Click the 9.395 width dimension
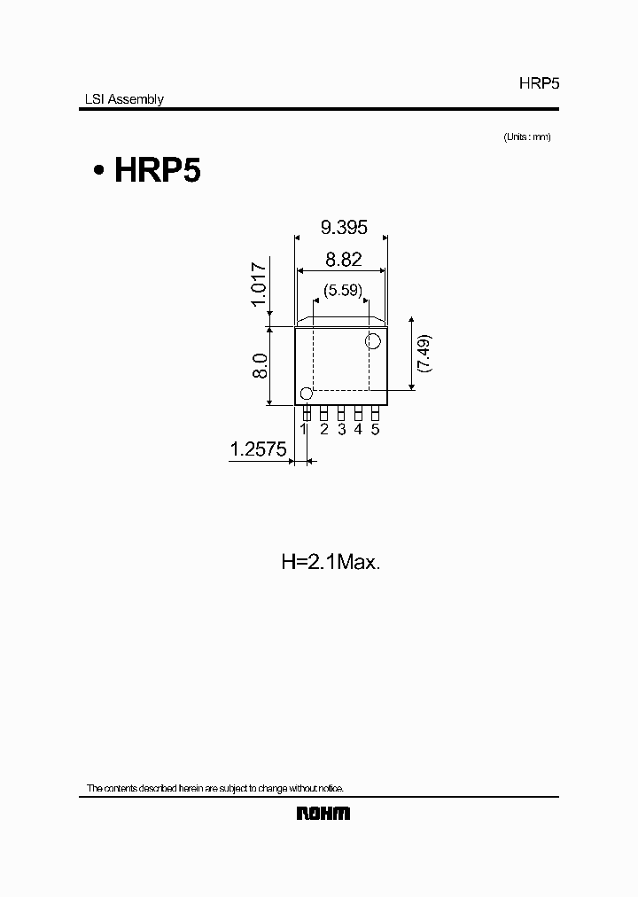[x=344, y=228]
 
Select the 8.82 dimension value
[x=344, y=260]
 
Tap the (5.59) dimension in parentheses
[x=342, y=289]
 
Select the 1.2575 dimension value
[x=258, y=450]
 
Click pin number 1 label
[x=304, y=429]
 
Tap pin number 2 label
[x=324, y=429]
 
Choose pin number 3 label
[x=341, y=429]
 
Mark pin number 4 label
[x=358, y=429]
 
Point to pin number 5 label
[x=375, y=429]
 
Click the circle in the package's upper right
[x=373, y=340]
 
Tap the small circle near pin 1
[x=307, y=394]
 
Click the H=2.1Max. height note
[x=331, y=561]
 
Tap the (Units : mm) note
[x=527, y=136]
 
